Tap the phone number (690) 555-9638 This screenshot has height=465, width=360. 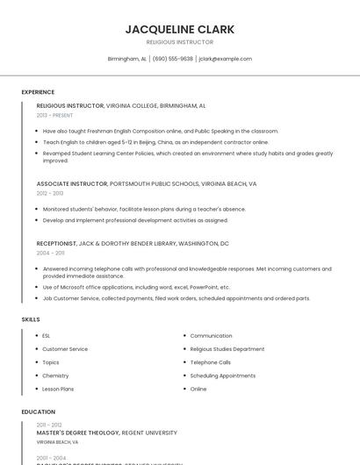[x=172, y=59]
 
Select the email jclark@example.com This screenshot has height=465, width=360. [x=226, y=59]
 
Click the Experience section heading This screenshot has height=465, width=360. [x=38, y=92]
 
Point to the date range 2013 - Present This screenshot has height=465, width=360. [x=54, y=115]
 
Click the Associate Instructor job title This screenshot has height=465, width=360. [x=71, y=184]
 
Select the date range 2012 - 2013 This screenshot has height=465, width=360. [x=50, y=193]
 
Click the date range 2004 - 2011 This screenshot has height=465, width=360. [x=50, y=252]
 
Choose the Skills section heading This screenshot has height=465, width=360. [x=31, y=319]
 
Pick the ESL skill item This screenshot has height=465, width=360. [x=47, y=335]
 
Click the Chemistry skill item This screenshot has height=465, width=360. [x=55, y=376]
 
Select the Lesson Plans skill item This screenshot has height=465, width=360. [x=58, y=389]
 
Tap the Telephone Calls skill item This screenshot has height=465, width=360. [x=210, y=362]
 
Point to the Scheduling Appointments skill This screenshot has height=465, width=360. [x=222, y=376]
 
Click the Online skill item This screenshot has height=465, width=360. [x=198, y=389]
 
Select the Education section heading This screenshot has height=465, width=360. [x=38, y=411]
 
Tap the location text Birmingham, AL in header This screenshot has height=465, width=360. [x=126, y=59]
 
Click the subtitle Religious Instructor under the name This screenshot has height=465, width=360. [x=179, y=42]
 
